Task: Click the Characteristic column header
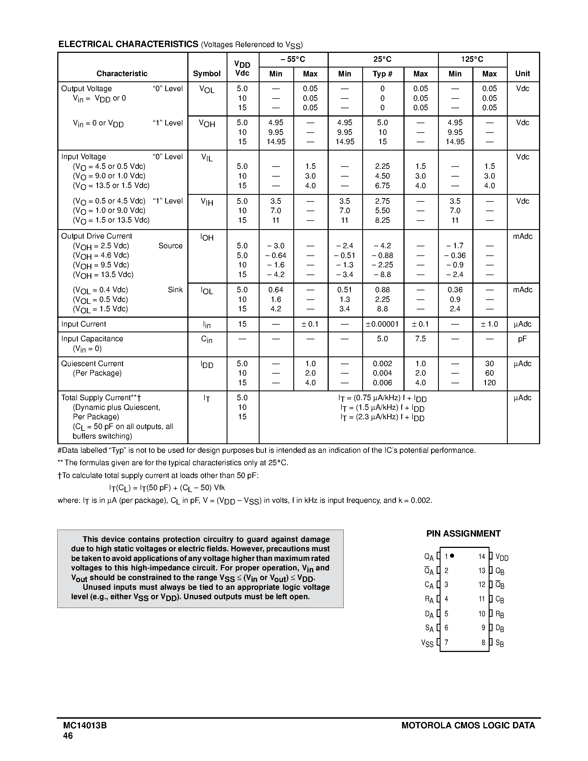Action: click(122, 74)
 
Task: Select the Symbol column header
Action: click(207, 74)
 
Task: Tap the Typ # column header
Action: click(382, 74)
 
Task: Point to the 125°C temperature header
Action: click(472, 59)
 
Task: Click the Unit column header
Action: click(522, 74)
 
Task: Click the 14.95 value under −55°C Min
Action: click(276, 142)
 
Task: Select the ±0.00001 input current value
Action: click(382, 324)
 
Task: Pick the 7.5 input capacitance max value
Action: click(420, 339)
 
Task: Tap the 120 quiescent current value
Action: click(489, 383)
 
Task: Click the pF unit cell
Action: click(522, 339)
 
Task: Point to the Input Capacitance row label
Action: click(92, 339)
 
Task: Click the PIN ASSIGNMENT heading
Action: click(463, 534)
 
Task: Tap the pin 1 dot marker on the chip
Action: click(452, 556)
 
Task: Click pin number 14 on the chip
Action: click(482, 556)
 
